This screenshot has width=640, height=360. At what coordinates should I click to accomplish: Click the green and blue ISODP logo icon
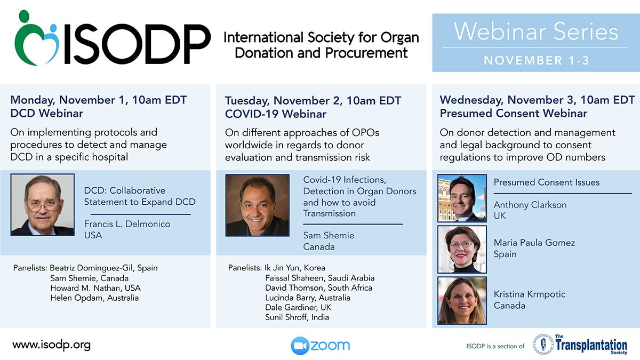(37, 38)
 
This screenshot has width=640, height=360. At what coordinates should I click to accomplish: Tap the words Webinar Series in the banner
(535, 31)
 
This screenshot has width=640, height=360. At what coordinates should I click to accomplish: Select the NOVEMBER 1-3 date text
(537, 60)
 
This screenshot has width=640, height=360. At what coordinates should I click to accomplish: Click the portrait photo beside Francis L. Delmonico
(43, 205)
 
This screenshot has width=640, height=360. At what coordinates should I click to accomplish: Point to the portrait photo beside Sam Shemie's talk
(257, 205)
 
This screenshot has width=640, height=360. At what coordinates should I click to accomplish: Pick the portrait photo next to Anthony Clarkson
(462, 198)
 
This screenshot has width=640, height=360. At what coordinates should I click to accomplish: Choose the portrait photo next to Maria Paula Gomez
(462, 250)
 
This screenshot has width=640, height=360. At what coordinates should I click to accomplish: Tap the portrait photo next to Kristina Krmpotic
(462, 301)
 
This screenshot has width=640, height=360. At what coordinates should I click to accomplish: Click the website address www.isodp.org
(51, 345)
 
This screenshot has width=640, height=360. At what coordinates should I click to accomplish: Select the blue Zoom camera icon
(300, 346)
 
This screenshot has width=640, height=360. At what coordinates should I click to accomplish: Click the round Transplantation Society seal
(543, 345)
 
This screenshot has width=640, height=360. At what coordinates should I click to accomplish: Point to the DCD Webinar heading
(47, 114)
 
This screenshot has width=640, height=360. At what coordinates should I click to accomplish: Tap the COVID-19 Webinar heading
(276, 114)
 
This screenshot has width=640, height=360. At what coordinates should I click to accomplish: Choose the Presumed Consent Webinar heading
(514, 114)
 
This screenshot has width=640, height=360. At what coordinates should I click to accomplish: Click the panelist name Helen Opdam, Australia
(94, 298)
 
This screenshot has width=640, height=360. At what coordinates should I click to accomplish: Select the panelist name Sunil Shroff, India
(297, 317)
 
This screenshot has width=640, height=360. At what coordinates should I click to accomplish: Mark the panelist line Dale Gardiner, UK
(298, 307)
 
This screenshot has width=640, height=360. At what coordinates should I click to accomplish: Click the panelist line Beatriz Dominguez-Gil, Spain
(103, 268)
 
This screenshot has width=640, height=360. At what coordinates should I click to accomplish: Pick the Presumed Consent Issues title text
(547, 182)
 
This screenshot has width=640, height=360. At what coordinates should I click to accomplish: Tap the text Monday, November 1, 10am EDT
(99, 100)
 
